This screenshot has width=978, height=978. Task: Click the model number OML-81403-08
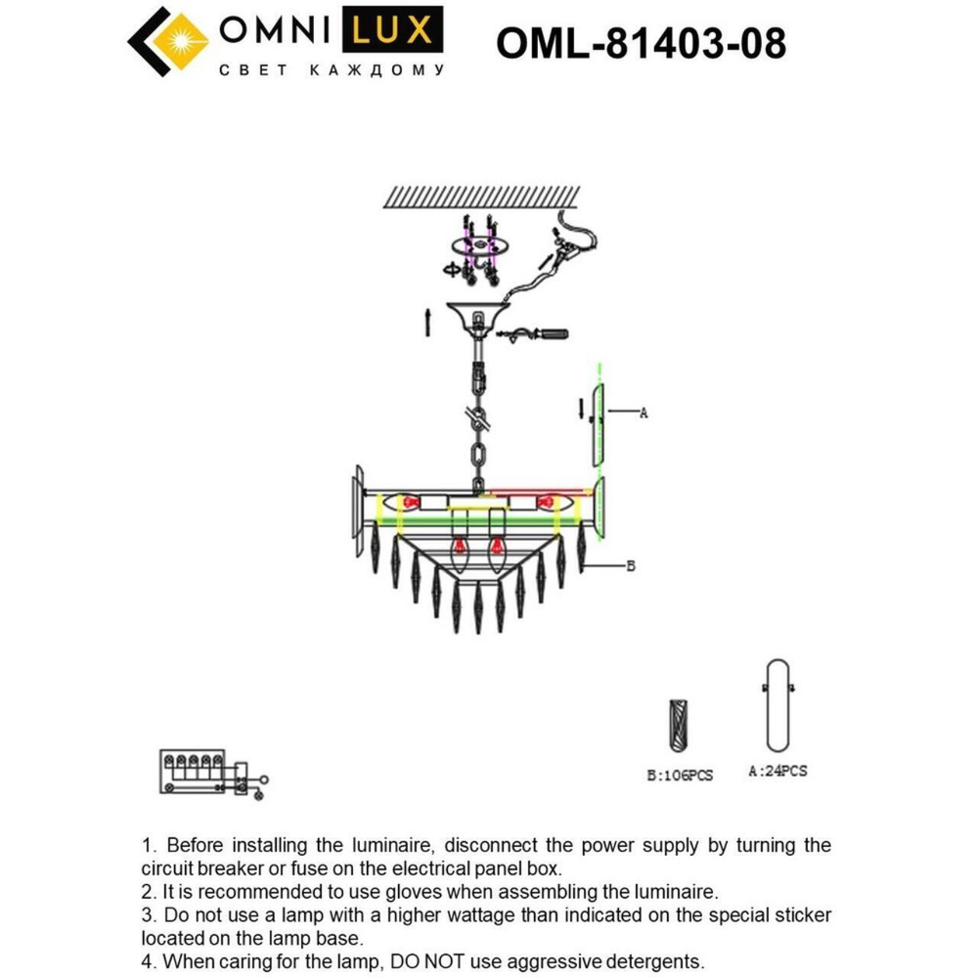[x=641, y=43]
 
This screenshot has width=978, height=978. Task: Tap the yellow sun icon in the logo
[x=180, y=41]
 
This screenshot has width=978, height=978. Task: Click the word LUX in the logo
[x=390, y=31]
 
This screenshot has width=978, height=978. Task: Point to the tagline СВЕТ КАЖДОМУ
[x=329, y=70]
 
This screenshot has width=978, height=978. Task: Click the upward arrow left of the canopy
[x=426, y=322]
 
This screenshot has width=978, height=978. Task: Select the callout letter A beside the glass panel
[x=643, y=413]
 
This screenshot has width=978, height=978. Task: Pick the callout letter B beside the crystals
[x=631, y=565]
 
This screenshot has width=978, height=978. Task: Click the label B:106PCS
[x=680, y=776]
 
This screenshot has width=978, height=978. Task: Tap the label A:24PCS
[x=778, y=771]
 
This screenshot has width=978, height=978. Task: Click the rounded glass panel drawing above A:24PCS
[x=778, y=706]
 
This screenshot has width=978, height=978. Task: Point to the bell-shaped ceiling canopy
[x=476, y=317]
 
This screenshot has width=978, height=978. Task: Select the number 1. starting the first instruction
[x=150, y=845]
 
